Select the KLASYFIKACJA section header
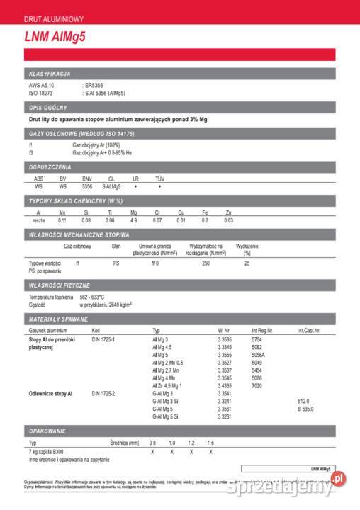click(49, 74)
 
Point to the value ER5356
click(94, 86)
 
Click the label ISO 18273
click(41, 93)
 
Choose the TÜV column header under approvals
click(159, 178)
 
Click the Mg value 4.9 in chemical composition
click(133, 220)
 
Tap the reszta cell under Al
click(38, 220)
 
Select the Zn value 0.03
click(228, 220)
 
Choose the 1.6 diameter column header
click(210, 442)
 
